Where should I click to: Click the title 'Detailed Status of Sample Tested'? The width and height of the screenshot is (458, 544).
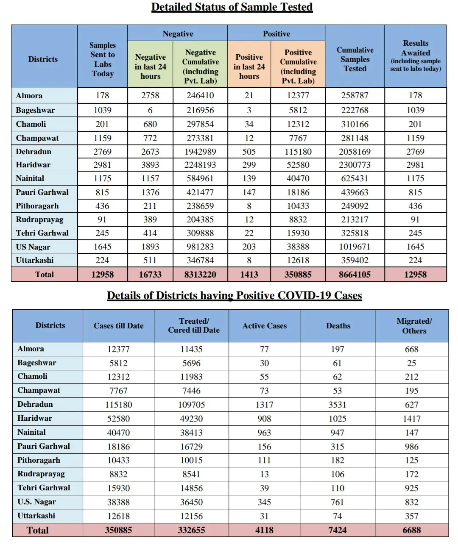click(232, 7)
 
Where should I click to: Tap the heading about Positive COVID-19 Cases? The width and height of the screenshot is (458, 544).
click(234, 295)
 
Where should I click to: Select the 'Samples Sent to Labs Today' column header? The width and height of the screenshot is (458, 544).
click(102, 59)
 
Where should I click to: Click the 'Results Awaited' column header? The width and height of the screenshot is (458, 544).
click(416, 56)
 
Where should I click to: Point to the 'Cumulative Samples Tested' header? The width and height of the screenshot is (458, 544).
click(355, 59)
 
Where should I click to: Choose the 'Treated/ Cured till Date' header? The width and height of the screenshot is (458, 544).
click(194, 325)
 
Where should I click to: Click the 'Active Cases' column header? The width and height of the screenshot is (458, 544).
click(264, 326)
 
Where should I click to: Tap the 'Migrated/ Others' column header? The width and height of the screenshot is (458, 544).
click(414, 326)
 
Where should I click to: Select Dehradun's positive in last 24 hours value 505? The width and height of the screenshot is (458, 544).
click(249, 152)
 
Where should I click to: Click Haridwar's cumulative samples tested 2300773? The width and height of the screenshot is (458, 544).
click(355, 165)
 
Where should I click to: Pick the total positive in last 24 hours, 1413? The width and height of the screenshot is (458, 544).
click(249, 275)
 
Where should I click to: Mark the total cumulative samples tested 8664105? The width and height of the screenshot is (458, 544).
click(355, 275)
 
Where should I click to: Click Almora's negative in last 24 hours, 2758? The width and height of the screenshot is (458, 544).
click(150, 95)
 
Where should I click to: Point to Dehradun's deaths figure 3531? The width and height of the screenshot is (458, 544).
click(338, 405)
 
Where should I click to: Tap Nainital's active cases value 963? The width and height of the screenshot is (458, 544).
click(264, 433)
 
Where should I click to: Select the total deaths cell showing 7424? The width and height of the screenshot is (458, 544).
click(338, 530)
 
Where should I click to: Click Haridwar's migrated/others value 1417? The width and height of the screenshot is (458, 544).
click(411, 419)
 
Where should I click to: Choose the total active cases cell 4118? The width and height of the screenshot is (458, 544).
click(264, 530)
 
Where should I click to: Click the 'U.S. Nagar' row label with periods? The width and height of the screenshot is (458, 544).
click(36, 502)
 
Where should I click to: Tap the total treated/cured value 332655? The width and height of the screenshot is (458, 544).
click(192, 530)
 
